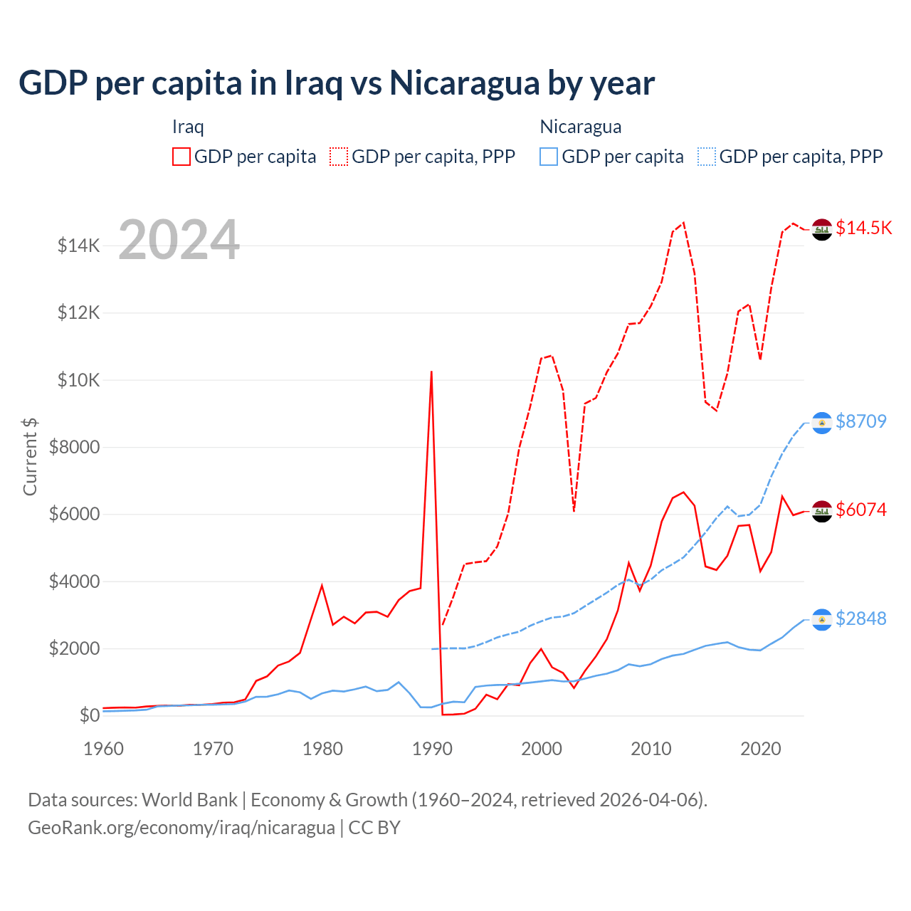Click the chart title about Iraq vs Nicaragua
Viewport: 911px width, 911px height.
pos(337,83)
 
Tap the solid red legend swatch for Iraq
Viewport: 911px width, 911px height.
pos(181,157)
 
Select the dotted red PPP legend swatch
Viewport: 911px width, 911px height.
pos(339,157)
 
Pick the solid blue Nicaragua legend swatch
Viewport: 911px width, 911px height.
pos(549,157)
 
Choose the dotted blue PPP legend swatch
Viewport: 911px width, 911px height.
pos(707,157)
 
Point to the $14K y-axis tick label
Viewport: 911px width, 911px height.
pos(78,246)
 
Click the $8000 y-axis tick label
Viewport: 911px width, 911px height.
pos(74,448)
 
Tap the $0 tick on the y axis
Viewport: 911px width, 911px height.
pos(89,715)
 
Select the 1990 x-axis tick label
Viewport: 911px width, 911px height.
pos(432,749)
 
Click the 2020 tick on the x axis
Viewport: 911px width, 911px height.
pos(760,749)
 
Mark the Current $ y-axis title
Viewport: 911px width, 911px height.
pos(30,456)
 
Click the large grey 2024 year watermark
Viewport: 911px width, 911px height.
pos(179,240)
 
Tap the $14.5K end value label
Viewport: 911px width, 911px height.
pos(863,228)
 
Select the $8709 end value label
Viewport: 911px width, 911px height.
pos(860,421)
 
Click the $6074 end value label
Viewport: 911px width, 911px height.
pos(860,510)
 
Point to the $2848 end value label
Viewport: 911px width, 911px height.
pos(860,618)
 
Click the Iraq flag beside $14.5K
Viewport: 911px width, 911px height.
pos(822,230)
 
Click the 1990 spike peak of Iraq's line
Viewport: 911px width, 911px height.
pos(431,372)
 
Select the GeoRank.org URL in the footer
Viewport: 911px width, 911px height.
pos(181,828)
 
